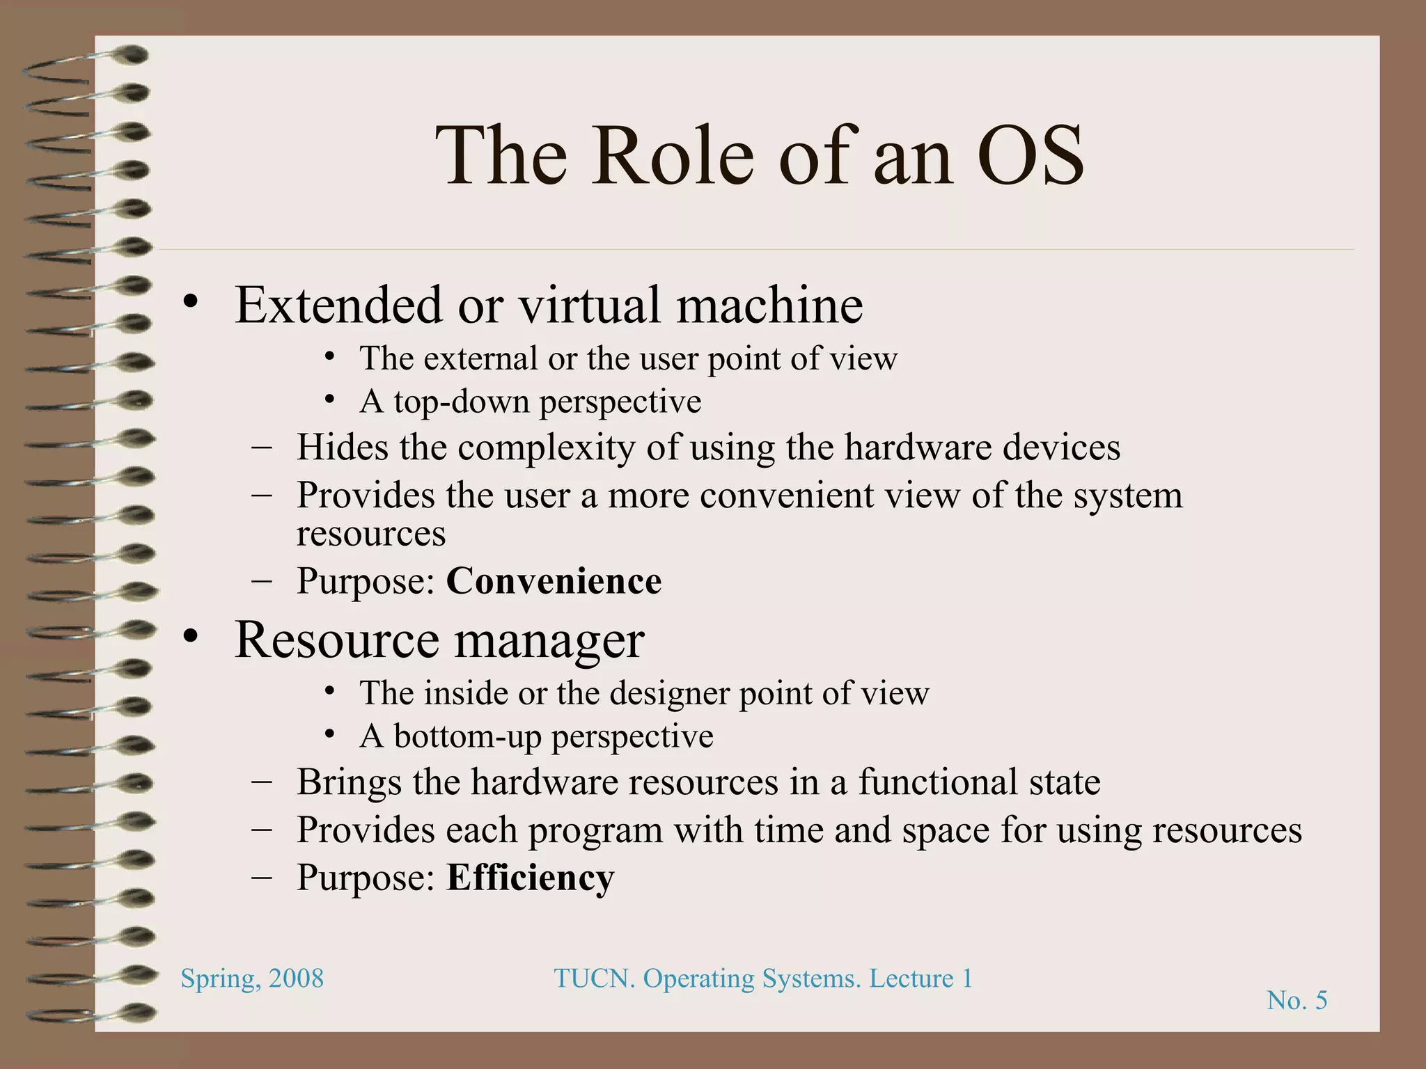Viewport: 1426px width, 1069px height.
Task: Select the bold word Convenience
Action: click(x=554, y=581)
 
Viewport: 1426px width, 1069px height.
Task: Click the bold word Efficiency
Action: click(x=530, y=878)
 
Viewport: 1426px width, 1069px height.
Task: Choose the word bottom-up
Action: click(x=467, y=736)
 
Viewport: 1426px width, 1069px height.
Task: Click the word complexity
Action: click(x=546, y=448)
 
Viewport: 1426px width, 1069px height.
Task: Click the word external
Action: click(x=480, y=359)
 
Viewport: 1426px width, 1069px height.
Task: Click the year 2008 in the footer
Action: click(x=296, y=979)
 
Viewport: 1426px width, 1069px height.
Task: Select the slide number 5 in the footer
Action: click(x=1320, y=1001)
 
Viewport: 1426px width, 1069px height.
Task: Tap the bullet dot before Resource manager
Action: click(x=191, y=636)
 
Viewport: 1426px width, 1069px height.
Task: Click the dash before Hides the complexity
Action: click(x=262, y=448)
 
